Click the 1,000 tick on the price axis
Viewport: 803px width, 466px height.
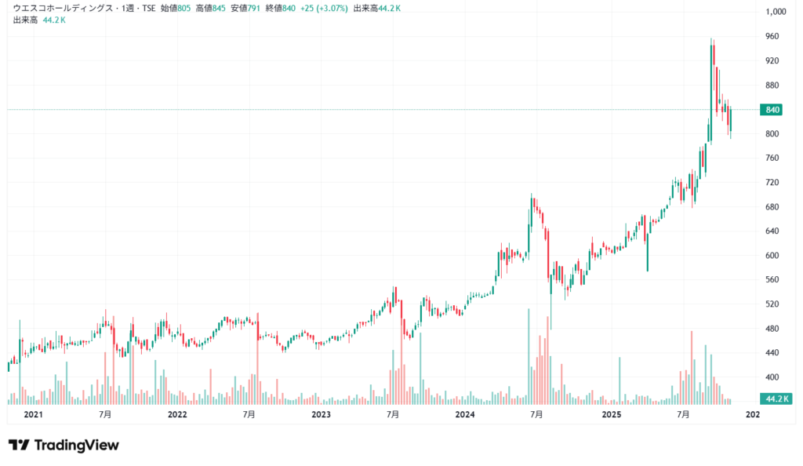coord(775,12)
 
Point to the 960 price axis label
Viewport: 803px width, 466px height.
coord(772,36)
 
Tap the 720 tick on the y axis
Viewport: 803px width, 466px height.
coord(772,182)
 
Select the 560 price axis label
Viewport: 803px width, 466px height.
coord(772,279)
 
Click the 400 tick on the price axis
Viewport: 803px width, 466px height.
coord(772,377)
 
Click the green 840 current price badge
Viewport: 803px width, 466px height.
coord(772,110)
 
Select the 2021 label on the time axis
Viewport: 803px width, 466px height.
coord(33,414)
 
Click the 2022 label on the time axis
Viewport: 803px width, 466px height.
coord(177,414)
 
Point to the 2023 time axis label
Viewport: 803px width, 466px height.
coord(321,414)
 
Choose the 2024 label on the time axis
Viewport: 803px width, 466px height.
coord(465,414)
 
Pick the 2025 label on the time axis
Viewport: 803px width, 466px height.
coord(610,414)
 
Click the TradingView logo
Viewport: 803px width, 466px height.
coord(64,445)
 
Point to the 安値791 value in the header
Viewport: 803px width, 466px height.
coord(245,8)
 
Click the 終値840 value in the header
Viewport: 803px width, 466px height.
coord(281,8)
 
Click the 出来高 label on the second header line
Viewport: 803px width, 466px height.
coord(24,19)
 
